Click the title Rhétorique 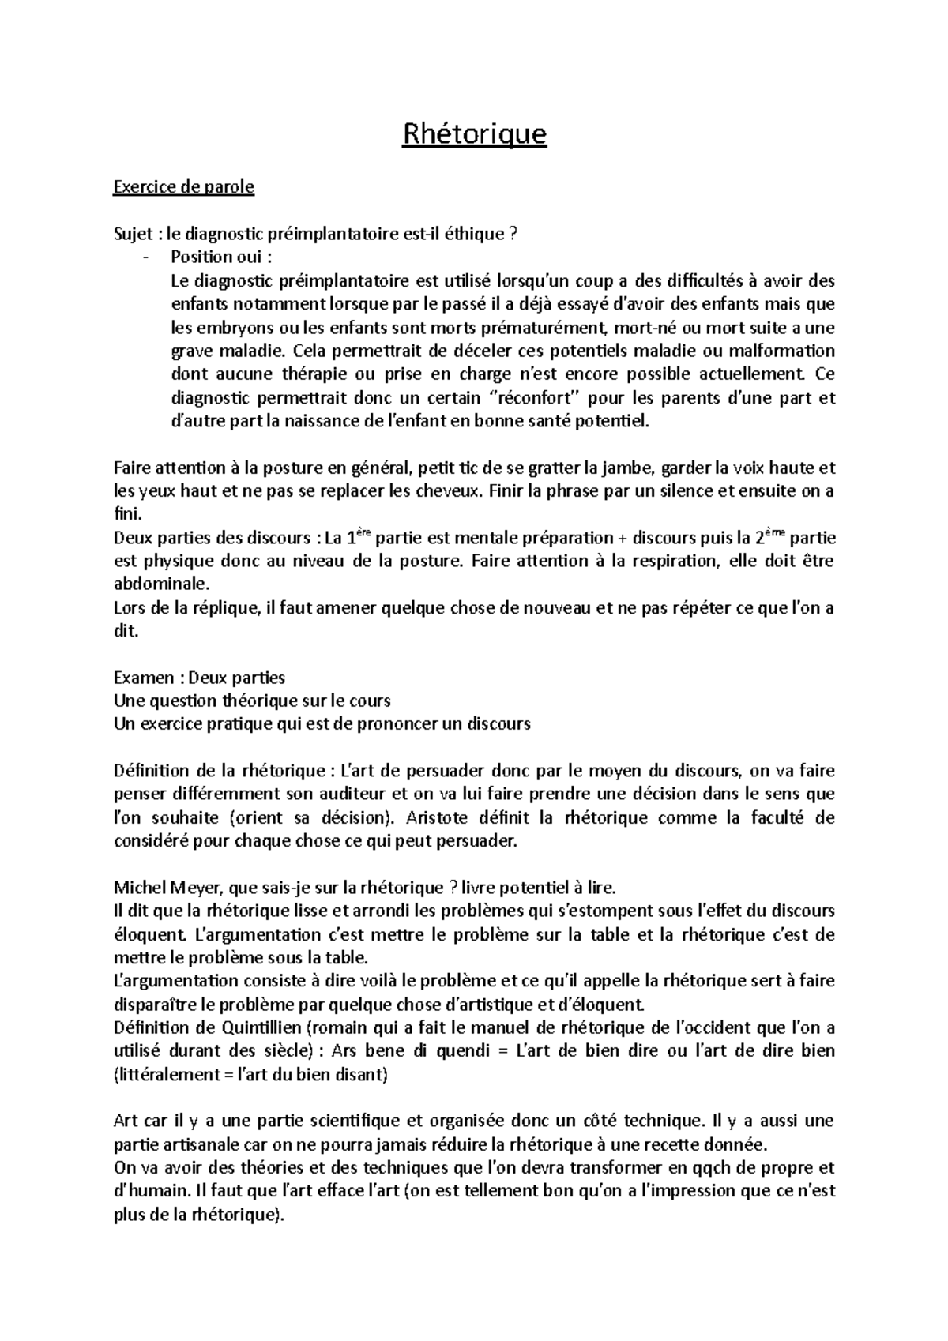pyautogui.click(x=474, y=134)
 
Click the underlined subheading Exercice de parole pyautogui.click(x=184, y=187)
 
